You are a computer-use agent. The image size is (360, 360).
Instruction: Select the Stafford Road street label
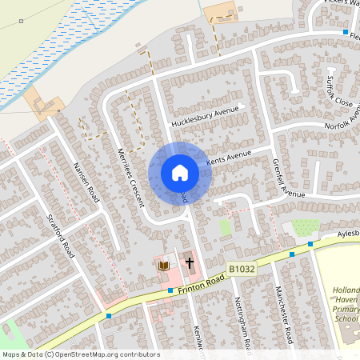tap(61, 234)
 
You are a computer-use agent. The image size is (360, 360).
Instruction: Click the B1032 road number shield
tap(240, 270)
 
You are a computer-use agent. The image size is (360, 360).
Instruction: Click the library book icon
tap(163, 265)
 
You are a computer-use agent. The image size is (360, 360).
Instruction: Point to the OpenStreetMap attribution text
tap(80, 354)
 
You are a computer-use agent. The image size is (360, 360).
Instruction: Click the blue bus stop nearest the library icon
tap(170, 290)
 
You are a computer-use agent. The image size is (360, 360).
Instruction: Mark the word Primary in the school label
tap(346, 307)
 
